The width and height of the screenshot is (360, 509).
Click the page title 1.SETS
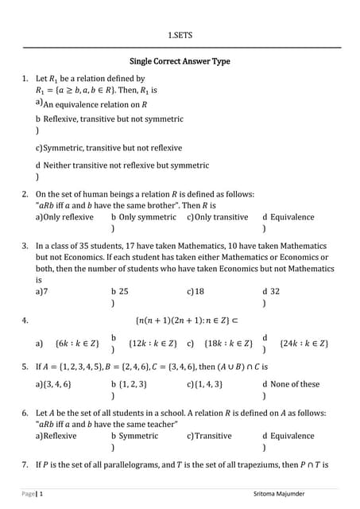click(x=180, y=35)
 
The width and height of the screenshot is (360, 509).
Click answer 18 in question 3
click(x=199, y=292)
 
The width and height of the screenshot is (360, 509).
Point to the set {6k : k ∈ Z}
click(x=78, y=344)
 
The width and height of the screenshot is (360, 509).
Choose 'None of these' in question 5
click(x=295, y=384)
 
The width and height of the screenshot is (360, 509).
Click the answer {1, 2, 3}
click(x=134, y=384)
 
